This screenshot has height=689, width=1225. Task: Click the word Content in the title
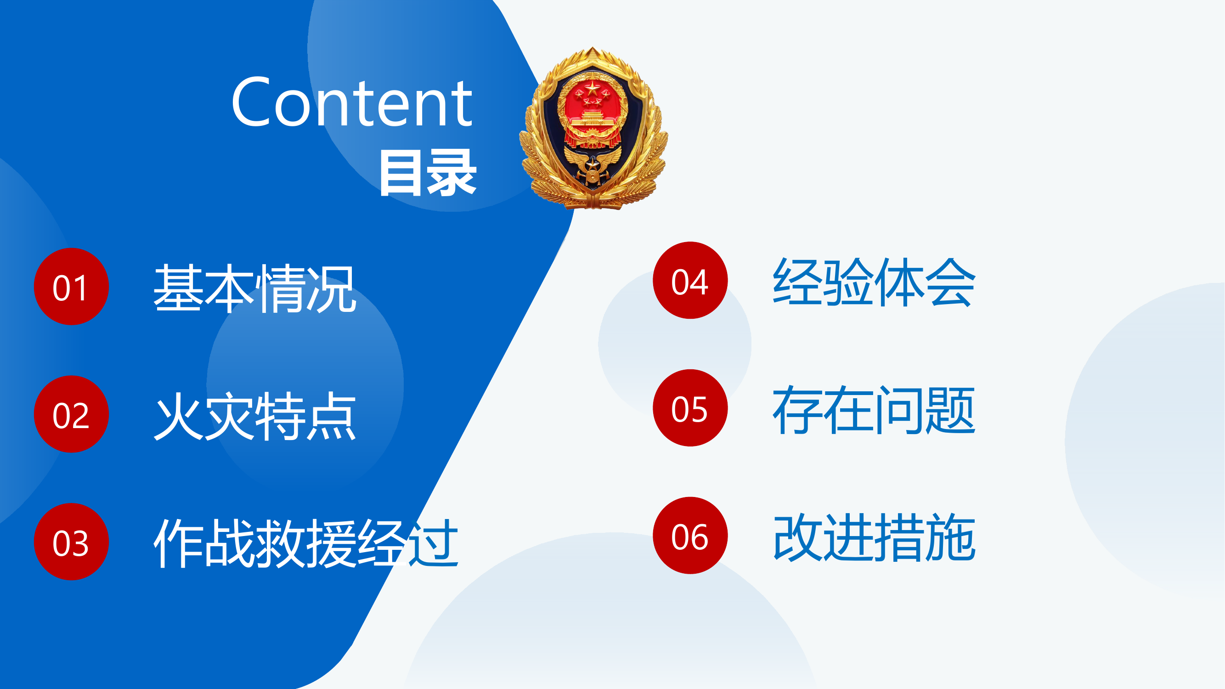(x=352, y=102)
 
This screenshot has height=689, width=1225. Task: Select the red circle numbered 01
(x=71, y=287)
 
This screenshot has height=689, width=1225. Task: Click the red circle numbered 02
(x=71, y=414)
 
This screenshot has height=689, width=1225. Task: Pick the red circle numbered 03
(x=71, y=542)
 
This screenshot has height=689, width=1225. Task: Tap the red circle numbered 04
(x=690, y=281)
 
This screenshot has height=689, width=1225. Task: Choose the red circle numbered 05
(x=690, y=408)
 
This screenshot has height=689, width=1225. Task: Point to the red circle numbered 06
(x=690, y=536)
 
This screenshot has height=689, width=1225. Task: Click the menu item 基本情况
(x=255, y=288)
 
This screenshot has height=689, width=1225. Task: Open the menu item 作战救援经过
(x=306, y=543)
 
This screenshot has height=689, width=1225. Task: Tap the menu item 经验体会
(x=874, y=282)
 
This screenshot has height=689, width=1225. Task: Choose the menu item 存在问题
(x=874, y=409)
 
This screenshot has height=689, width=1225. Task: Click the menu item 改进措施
(x=874, y=537)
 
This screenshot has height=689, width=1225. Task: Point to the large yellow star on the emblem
(x=593, y=88)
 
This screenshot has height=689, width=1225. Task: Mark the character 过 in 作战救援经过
(x=433, y=543)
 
